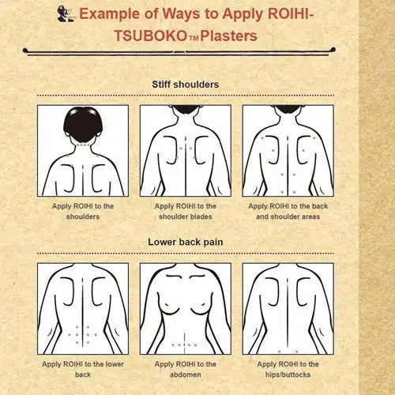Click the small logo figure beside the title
[x=66, y=13]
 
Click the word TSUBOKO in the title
[x=150, y=36]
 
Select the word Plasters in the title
[x=228, y=36]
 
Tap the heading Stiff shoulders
[x=186, y=85]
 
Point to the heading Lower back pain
[x=186, y=242]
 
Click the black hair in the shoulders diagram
[x=83, y=125]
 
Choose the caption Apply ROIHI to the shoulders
[x=83, y=211]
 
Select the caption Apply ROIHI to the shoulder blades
[x=186, y=211]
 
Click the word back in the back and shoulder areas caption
[x=320, y=206]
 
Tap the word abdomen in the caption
[x=186, y=374]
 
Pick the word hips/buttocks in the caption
[x=288, y=374]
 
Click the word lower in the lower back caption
[x=115, y=364]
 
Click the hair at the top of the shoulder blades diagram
[x=186, y=109]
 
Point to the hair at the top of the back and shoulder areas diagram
[x=288, y=109]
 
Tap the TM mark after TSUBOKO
[x=194, y=39]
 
